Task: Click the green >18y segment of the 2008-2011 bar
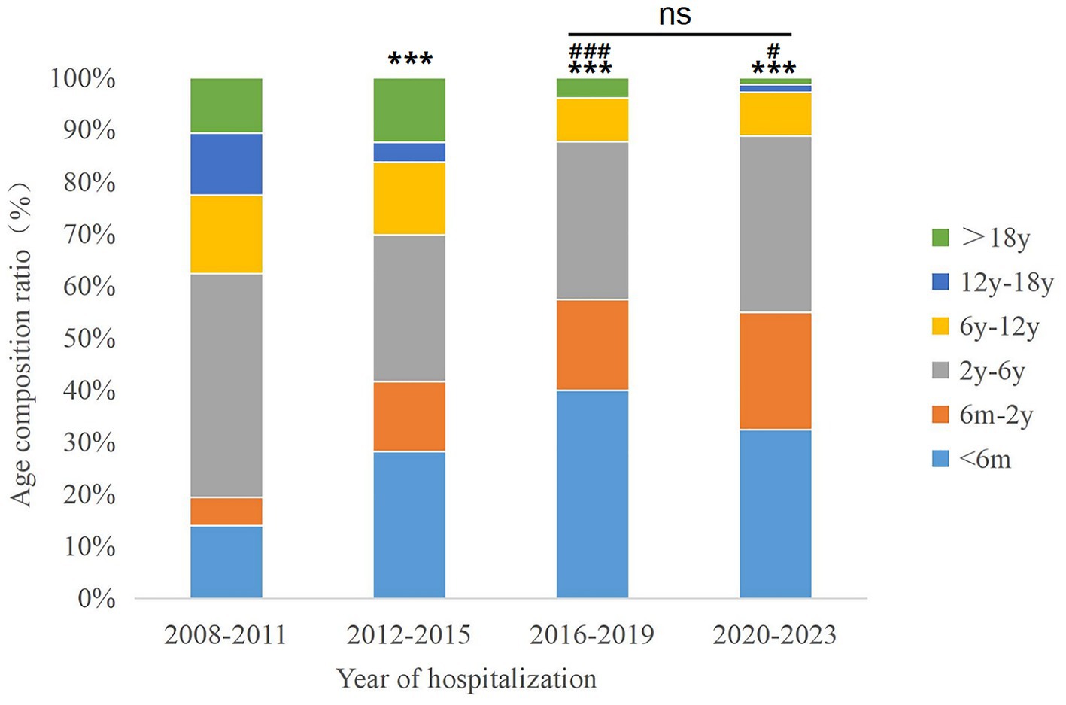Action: click(226, 105)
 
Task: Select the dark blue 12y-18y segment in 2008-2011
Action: click(226, 164)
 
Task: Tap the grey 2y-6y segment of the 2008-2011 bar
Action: click(226, 384)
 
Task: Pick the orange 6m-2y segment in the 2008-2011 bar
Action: click(226, 511)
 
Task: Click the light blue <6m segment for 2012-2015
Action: click(409, 524)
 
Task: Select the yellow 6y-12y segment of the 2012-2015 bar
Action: click(409, 198)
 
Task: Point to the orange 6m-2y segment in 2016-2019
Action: click(592, 345)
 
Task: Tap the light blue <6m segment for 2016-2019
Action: click(592, 494)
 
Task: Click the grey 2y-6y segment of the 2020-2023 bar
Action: click(775, 223)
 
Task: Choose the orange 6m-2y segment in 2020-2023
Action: click(775, 370)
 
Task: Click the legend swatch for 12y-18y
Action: click(940, 281)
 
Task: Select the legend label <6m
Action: click(985, 459)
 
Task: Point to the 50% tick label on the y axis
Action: click(90, 338)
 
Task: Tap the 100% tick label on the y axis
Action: click(83, 77)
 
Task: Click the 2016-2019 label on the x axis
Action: click(592, 635)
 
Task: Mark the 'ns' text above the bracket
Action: click(675, 15)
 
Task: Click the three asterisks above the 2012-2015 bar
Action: click(410, 59)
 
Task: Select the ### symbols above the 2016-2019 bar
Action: click(589, 51)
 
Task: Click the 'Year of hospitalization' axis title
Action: click(466, 679)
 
